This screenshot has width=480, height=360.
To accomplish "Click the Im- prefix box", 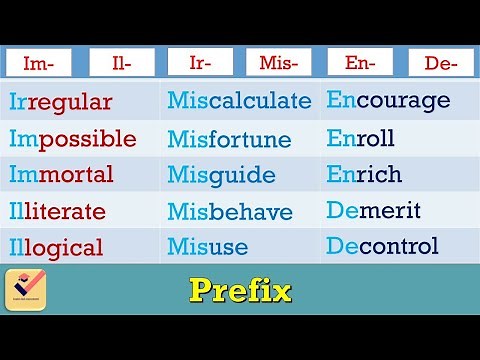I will click(x=39, y=64).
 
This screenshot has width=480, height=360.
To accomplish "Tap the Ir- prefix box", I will click(x=199, y=64).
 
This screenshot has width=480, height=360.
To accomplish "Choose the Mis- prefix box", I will click(x=279, y=64).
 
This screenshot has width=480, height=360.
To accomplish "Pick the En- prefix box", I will click(x=359, y=64).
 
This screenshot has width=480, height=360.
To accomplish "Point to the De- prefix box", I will click(x=440, y=64).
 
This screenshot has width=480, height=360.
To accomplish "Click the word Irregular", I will click(x=60, y=102).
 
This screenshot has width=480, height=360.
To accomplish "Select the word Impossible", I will click(x=72, y=139).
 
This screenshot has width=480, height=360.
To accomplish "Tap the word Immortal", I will click(x=61, y=175).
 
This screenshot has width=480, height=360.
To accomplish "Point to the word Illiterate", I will click(x=57, y=211).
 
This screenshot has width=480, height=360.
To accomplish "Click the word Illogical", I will click(x=56, y=247).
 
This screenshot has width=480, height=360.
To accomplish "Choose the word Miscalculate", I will click(x=239, y=102).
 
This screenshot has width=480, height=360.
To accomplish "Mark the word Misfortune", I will click(x=229, y=139).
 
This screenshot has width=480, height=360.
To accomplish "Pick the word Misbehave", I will click(x=230, y=212).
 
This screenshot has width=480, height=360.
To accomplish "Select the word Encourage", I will click(x=388, y=101).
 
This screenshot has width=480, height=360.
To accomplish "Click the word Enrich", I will click(x=364, y=174).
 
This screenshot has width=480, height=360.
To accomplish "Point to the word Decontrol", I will click(x=382, y=246).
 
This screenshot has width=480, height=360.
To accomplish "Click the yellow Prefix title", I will click(x=240, y=292).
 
